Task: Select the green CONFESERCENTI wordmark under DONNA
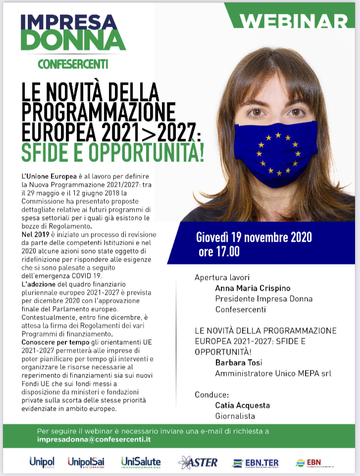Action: tap(73, 64)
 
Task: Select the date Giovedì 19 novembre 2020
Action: tap(254, 237)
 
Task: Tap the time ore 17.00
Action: tap(219, 252)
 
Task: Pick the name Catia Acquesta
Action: tap(242, 405)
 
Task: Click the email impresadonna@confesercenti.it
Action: tap(94, 439)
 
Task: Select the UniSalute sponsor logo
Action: tap(141, 462)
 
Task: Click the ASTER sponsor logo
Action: tap(198, 462)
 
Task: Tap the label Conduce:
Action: tap(212, 395)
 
